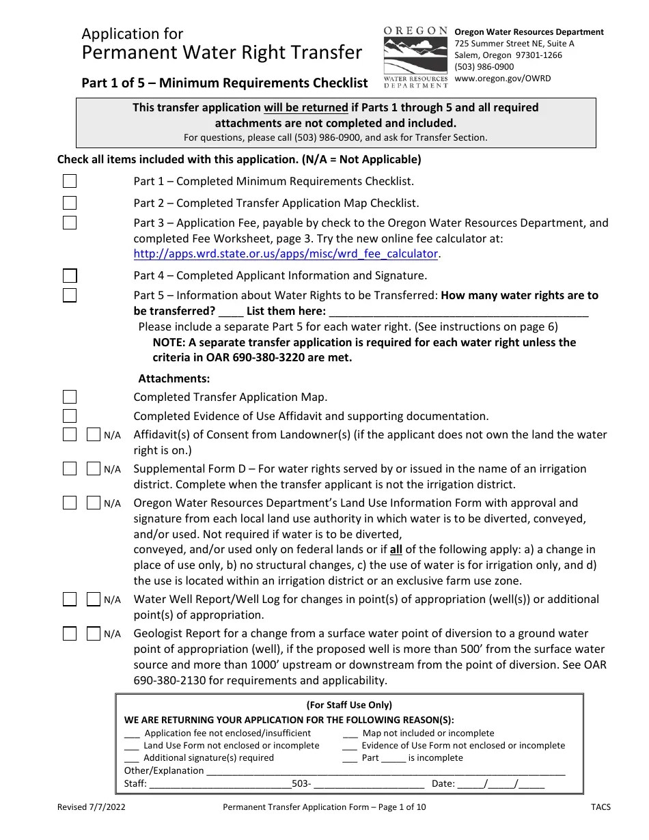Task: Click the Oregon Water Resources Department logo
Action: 415,57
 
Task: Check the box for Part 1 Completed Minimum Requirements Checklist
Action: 70,181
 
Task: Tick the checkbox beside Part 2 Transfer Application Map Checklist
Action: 70,203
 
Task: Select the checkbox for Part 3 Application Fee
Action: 70,223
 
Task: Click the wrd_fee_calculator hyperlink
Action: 286,253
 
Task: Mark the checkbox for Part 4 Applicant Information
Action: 70,276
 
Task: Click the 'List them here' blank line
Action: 458,311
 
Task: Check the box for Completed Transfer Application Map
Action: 70,397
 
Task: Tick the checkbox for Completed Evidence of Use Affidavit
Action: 70,416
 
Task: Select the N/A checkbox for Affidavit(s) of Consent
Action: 94,435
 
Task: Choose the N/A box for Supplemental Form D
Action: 94,469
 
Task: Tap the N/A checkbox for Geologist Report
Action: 94,634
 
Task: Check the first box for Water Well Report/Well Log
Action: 70,600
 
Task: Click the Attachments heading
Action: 174,378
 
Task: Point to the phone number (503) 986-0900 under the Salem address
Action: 484,67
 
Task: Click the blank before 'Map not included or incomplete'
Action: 350,733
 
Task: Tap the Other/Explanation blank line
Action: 385,771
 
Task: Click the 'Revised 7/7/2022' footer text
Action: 91,807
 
